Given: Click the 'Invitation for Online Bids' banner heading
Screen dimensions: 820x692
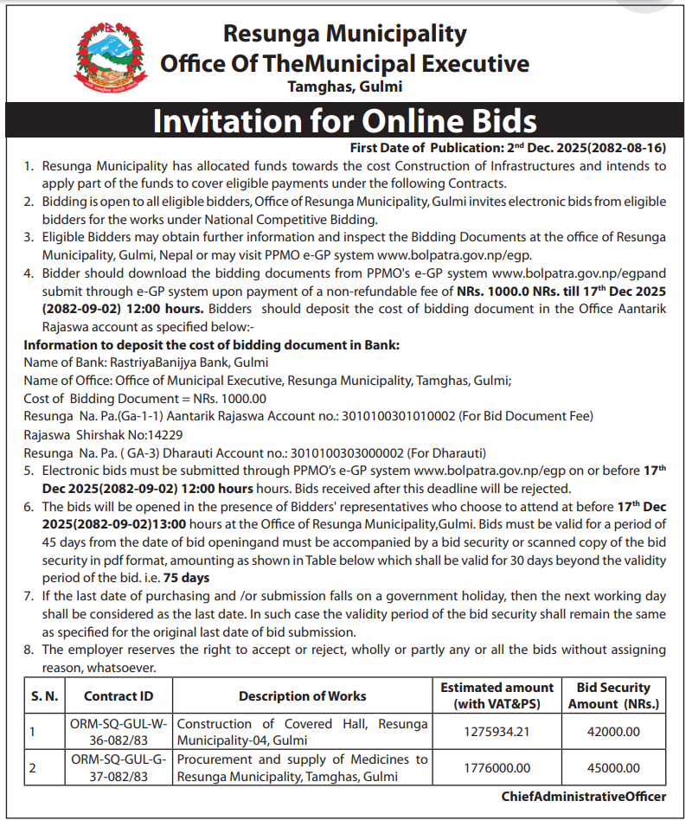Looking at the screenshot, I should pyautogui.click(x=345, y=121).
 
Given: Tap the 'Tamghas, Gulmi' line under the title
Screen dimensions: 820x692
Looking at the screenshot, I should pyautogui.click(x=345, y=86).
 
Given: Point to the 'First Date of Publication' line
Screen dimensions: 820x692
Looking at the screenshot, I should pyautogui.click(x=508, y=147).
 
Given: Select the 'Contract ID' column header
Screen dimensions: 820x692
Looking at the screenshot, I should pyautogui.click(x=119, y=695).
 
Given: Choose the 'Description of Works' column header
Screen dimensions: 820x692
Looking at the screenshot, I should pyautogui.click(x=302, y=695).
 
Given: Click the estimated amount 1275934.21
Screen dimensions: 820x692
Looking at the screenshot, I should pyautogui.click(x=497, y=732).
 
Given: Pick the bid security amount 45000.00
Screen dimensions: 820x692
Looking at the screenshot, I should pyautogui.click(x=614, y=768).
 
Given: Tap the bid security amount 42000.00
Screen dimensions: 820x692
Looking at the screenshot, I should pyautogui.click(x=614, y=732).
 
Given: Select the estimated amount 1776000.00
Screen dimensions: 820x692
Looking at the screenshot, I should pyautogui.click(x=497, y=768).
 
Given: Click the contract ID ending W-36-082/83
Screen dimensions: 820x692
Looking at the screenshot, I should pyautogui.click(x=119, y=732).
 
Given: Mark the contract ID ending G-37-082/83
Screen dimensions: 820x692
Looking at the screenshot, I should pyautogui.click(x=119, y=768).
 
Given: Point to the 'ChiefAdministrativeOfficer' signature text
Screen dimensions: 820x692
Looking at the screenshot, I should pyautogui.click(x=584, y=797).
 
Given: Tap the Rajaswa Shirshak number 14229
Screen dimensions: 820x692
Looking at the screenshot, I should pyautogui.click(x=165, y=434).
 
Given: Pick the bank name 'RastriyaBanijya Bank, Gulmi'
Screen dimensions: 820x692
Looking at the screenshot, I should pyautogui.click(x=189, y=362).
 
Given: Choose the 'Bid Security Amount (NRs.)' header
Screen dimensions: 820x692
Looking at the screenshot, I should pyautogui.click(x=614, y=695).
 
